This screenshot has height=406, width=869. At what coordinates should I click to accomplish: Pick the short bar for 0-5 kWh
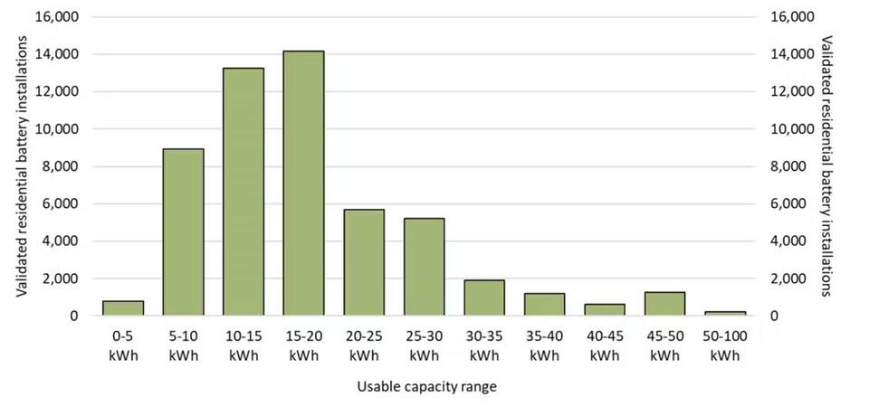click(x=122, y=308)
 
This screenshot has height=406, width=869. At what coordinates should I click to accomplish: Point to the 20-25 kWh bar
click(x=364, y=262)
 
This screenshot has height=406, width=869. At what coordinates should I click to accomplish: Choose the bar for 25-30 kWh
click(x=424, y=267)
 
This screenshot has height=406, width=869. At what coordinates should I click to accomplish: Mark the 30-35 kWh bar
click(x=484, y=297)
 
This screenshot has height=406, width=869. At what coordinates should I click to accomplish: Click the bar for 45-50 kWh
click(x=665, y=304)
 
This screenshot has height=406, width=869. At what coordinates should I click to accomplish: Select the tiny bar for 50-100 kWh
click(x=725, y=313)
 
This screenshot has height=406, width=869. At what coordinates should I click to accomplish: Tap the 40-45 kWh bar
click(x=605, y=309)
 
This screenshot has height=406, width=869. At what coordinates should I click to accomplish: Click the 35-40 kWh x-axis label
click(x=545, y=345)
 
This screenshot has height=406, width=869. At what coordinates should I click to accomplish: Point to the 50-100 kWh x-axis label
click(x=725, y=345)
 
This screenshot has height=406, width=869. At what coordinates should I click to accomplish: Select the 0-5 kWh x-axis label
click(x=122, y=345)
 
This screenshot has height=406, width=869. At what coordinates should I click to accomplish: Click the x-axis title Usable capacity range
click(x=426, y=386)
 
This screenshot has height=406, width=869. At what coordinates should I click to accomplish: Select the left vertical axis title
click(x=20, y=166)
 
